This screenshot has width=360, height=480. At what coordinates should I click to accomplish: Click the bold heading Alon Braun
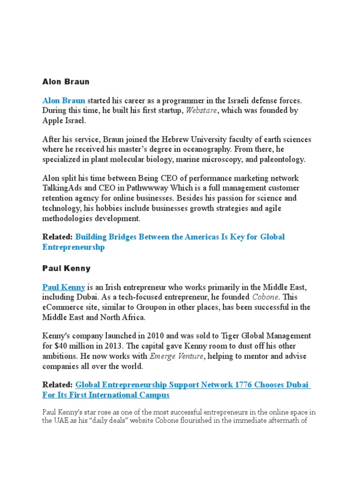pos(66,82)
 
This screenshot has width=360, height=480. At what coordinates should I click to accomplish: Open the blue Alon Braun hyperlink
pos(64,100)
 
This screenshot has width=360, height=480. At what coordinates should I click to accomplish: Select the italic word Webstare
pos(202,111)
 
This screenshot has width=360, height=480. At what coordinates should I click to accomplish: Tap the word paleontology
pos(281,159)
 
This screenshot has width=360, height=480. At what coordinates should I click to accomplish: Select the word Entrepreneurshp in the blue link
pos(74,247)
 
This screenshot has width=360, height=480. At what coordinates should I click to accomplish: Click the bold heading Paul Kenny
pos(66,269)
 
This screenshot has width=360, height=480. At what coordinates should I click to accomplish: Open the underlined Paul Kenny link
pos(64,287)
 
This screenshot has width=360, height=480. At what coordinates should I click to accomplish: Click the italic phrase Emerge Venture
pos(176,356)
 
